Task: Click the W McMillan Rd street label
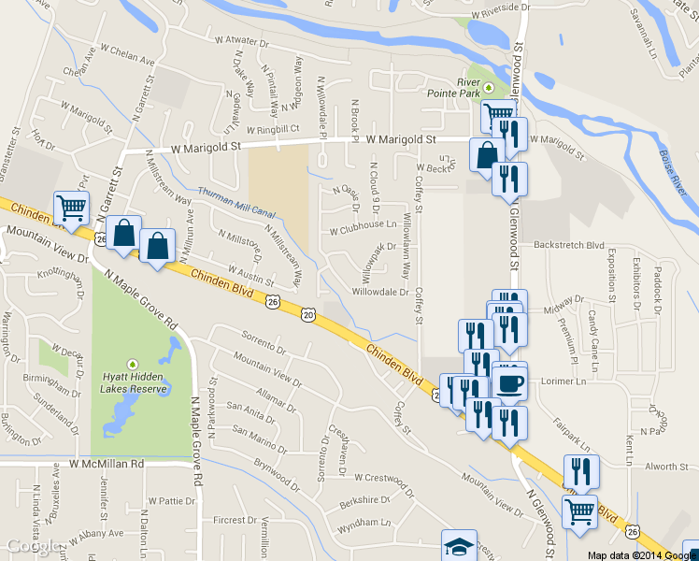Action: point(106,464)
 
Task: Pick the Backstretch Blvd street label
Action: point(569,244)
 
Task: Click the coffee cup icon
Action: point(510,381)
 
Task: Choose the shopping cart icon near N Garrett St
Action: point(71,208)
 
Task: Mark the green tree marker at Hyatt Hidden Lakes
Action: point(133,364)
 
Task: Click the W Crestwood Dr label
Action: point(383,476)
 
